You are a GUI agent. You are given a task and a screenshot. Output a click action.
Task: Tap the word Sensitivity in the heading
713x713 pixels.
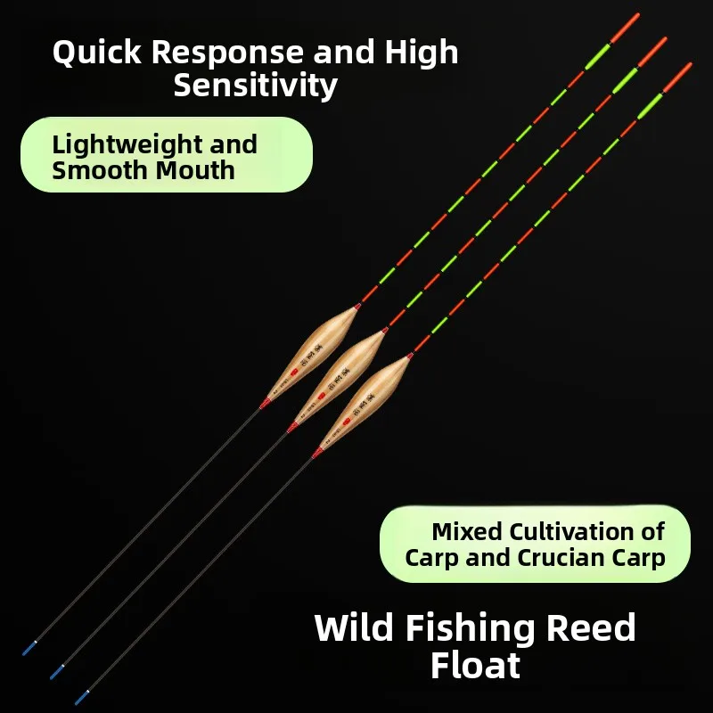(256, 86)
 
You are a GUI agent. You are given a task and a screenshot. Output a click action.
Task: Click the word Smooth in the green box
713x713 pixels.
(96, 169)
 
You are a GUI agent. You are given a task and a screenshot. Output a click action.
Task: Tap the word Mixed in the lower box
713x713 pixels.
(467, 532)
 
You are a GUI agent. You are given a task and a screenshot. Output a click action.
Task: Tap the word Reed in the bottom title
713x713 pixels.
(591, 629)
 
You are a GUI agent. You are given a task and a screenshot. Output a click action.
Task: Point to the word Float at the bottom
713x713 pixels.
(475, 666)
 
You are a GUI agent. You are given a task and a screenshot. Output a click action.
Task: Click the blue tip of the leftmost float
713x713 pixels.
(29, 648)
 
